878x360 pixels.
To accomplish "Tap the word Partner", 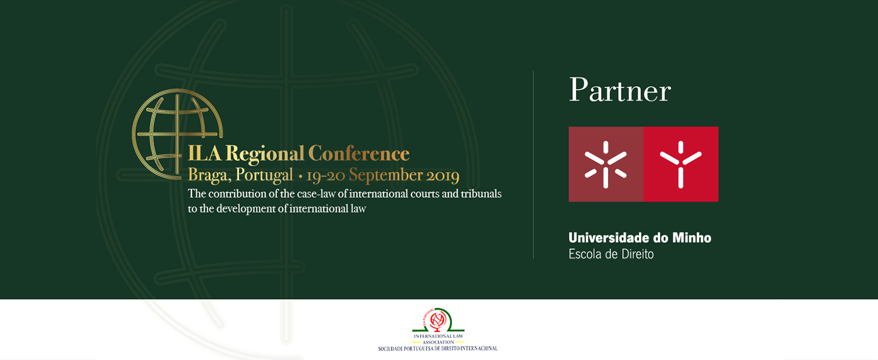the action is pyautogui.click(x=620, y=91).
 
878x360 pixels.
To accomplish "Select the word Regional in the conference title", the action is pyautogui.click(x=265, y=154).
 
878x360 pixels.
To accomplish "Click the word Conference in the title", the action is pyautogui.click(x=359, y=153).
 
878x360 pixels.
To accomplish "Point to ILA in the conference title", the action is pyautogui.click(x=205, y=153).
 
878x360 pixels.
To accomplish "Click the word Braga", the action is pyautogui.click(x=210, y=175).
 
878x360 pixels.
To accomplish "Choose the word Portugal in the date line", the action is pyautogui.click(x=264, y=175).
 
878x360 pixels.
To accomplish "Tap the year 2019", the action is pyautogui.click(x=443, y=175).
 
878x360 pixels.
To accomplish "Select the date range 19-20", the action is pyautogui.click(x=325, y=176).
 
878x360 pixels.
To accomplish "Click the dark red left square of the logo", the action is pyautogui.click(x=606, y=164).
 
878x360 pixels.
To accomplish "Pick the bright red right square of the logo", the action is pyautogui.click(x=681, y=164).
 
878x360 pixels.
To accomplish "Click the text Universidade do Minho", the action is pyautogui.click(x=640, y=238).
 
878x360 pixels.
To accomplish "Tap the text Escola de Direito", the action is pyautogui.click(x=611, y=254).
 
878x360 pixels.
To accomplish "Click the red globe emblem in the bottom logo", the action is pyautogui.click(x=437, y=320).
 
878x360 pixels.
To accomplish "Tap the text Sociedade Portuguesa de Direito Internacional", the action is pyautogui.click(x=438, y=349).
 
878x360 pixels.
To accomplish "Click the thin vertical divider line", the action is pyautogui.click(x=533, y=165).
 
